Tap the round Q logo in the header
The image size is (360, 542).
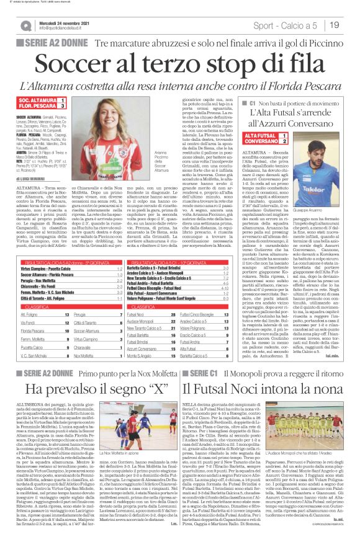[25, 26]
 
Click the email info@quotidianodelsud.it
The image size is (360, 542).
[63, 29]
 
